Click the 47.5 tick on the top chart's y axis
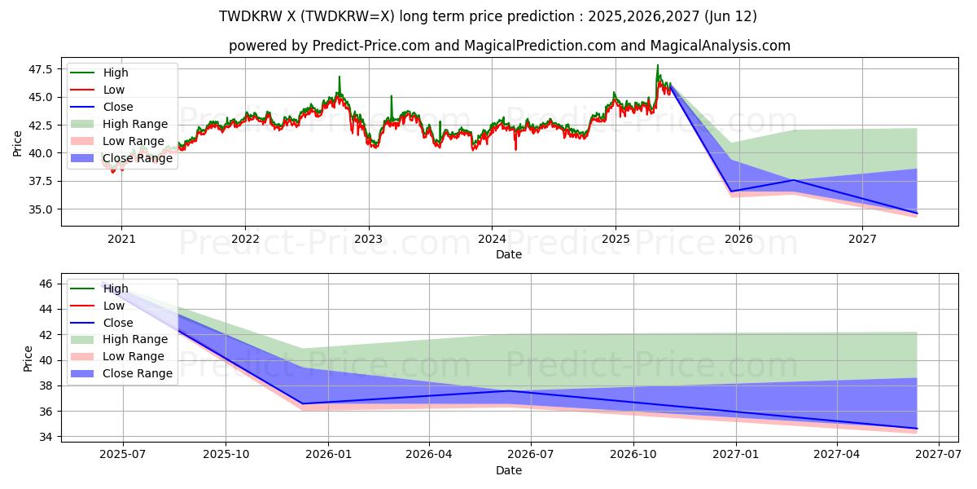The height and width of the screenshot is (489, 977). [x=40, y=69]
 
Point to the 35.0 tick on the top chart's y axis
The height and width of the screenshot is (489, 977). [x=40, y=209]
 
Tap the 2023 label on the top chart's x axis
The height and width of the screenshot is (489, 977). [x=368, y=240]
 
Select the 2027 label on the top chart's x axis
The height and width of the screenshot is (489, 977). [x=862, y=240]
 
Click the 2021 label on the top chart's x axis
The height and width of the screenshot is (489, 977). [x=121, y=240]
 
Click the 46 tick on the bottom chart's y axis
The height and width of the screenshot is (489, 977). [x=46, y=284]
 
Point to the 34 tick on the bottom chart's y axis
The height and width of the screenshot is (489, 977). [x=46, y=437]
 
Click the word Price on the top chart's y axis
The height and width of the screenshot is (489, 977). [x=18, y=143]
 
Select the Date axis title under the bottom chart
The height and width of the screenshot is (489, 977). [x=509, y=470]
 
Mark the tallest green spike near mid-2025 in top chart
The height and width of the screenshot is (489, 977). [x=658, y=65]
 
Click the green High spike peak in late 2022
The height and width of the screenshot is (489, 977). [x=340, y=77]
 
